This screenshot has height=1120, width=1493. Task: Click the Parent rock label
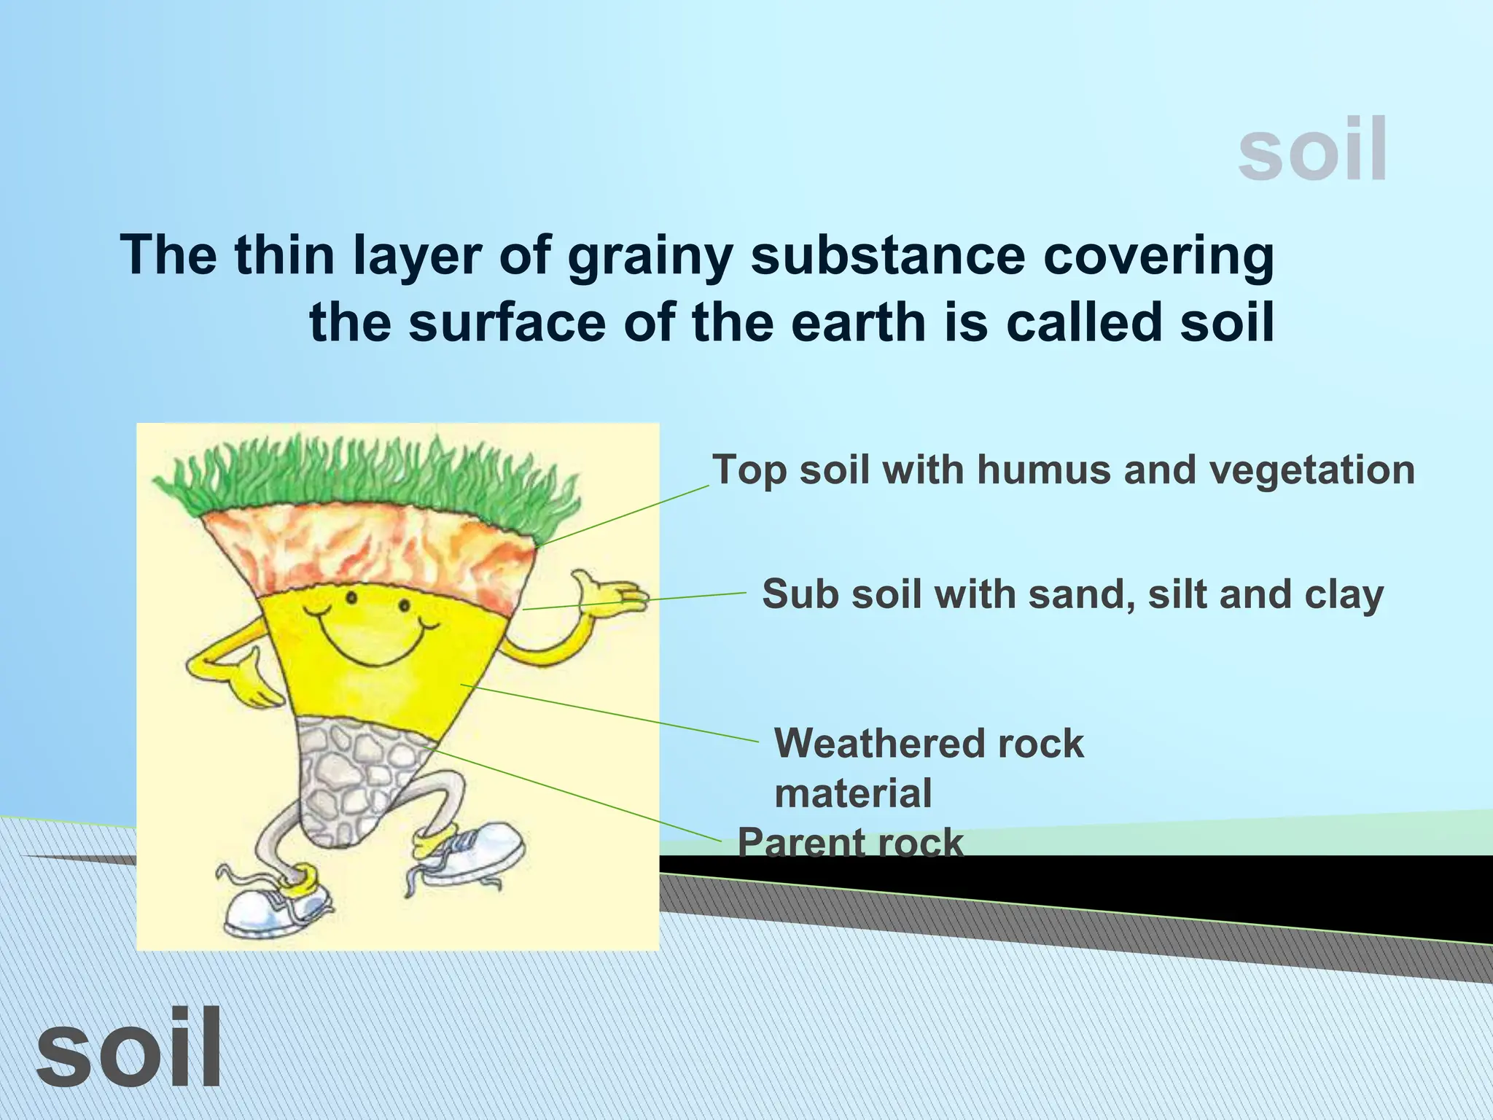coord(850,843)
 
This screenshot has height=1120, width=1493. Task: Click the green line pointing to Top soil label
coord(627,514)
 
